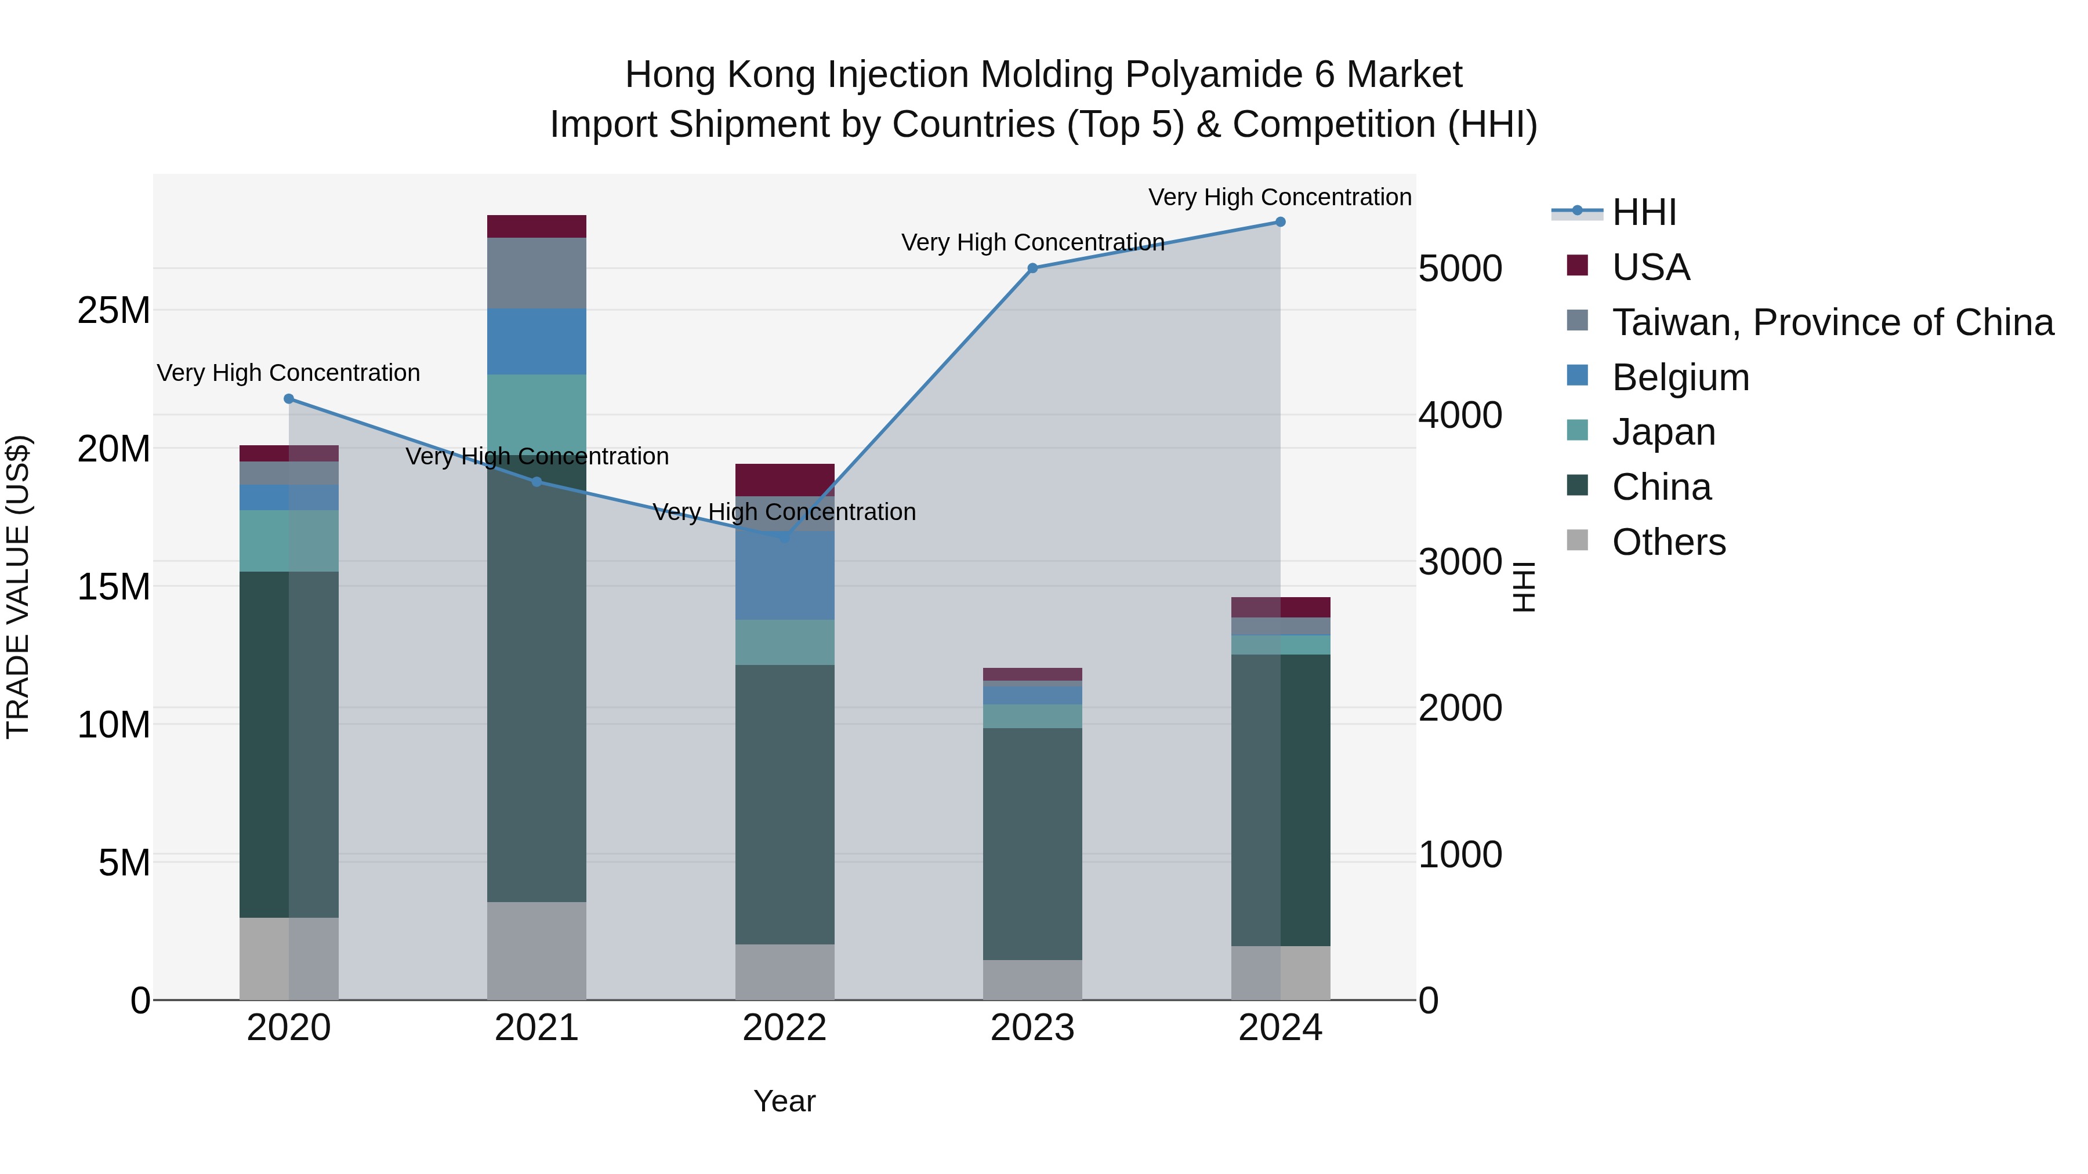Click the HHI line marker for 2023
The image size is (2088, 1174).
1032,268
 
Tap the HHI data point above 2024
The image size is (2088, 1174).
1280,222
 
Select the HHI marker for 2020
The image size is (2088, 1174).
289,399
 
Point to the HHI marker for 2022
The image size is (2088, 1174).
784,536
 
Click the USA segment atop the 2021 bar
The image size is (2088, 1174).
536,226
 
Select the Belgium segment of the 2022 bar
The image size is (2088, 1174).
784,575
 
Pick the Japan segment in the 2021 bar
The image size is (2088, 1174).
536,413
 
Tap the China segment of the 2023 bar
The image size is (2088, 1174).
1032,842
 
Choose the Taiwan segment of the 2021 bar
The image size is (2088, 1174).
536,272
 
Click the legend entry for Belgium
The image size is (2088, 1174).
1680,377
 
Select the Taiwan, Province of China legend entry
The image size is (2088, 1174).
1832,322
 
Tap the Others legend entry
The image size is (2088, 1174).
1668,542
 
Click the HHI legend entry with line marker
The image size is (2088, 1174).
1644,212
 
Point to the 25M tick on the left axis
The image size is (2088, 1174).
114,310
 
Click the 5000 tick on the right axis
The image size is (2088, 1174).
1460,269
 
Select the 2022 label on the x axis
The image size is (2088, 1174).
784,1028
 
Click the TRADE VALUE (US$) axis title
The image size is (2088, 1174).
18,587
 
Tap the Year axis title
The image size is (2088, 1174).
784,1101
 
